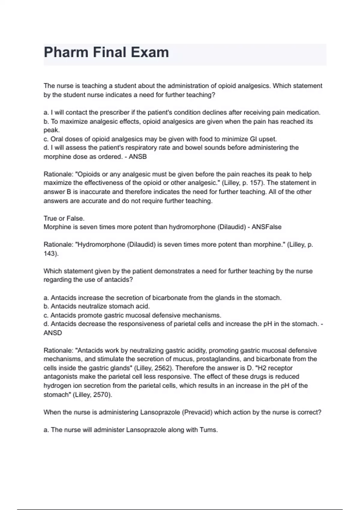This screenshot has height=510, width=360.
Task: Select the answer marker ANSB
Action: pyautogui.click(x=138, y=157)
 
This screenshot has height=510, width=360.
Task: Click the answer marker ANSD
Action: pyautogui.click(x=53, y=333)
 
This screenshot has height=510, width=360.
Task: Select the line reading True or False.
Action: pyautogui.click(x=64, y=218)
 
